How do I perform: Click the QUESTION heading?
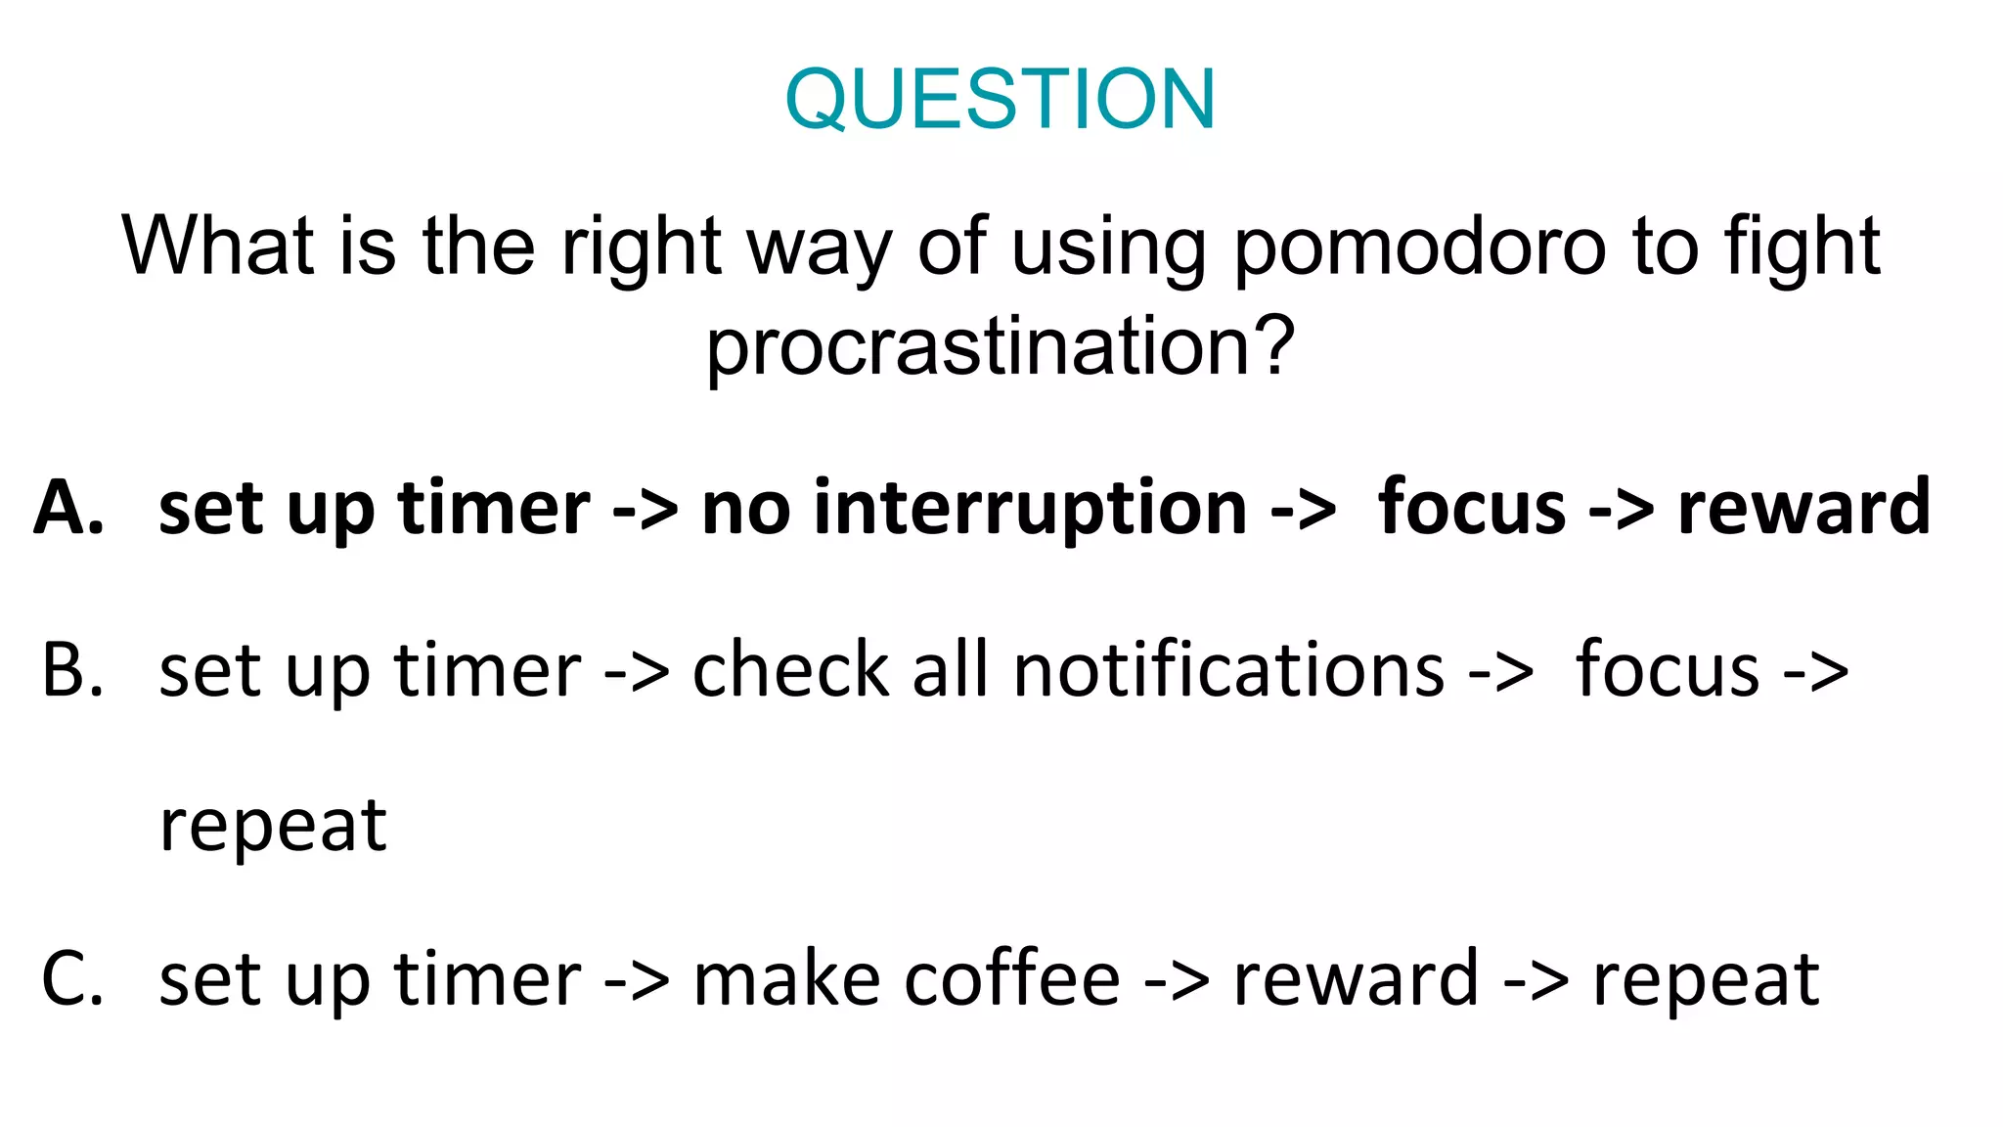point(1001,99)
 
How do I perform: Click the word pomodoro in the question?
point(1418,248)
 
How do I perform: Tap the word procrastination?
point(1001,348)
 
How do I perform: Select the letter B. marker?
point(72,671)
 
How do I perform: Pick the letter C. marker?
point(72,979)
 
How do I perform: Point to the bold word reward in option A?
point(1803,508)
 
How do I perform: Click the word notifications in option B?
point(1228,671)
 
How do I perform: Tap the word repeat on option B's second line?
point(273,826)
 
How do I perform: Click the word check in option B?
point(790,671)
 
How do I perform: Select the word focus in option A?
point(1471,508)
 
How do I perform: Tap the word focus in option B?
point(1667,671)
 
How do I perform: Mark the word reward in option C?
point(1356,979)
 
